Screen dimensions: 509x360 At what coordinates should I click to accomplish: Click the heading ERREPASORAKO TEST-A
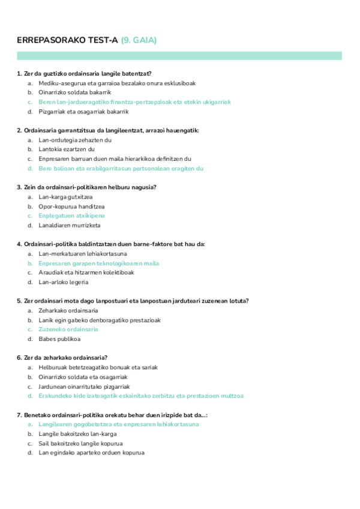point(68,40)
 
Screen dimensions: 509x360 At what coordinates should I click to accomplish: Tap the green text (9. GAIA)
point(139,40)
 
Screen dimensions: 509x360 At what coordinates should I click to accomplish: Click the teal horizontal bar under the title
point(179,55)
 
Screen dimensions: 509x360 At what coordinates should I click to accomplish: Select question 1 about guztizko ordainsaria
point(88,74)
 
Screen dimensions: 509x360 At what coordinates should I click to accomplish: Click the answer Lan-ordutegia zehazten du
point(75,140)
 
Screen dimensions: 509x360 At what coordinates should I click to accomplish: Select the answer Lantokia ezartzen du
point(67,149)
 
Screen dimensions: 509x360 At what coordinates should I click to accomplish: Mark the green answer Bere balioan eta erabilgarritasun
point(121,169)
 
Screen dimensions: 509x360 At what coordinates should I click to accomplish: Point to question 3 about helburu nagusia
point(89,187)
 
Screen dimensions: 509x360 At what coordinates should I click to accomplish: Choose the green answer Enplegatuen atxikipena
point(71,215)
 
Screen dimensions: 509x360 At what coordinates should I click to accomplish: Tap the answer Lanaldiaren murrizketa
point(70,225)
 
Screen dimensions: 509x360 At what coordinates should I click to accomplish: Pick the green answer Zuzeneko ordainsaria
point(68,330)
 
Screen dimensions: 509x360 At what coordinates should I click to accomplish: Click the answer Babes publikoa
point(59,339)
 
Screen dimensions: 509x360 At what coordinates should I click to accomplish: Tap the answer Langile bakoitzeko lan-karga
point(77,433)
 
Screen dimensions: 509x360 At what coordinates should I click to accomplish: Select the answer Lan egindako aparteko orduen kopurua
point(91,453)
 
